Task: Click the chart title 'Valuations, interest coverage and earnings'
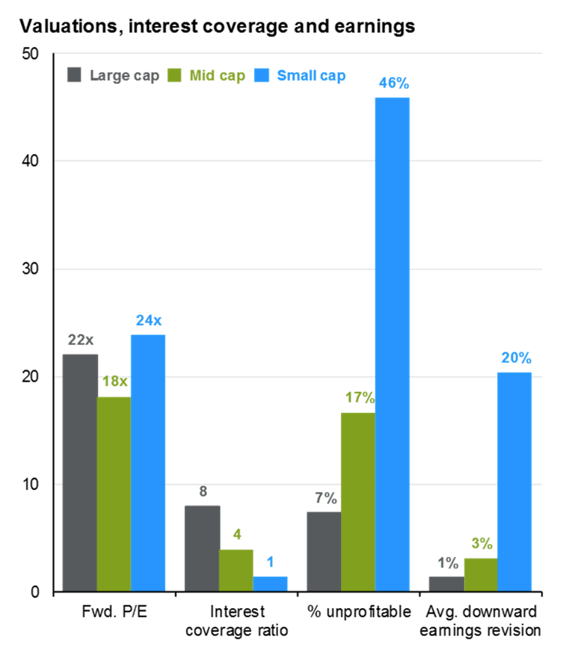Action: [x=217, y=28]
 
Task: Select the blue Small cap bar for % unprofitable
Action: [x=393, y=344]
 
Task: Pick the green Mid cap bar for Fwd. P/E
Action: [x=114, y=494]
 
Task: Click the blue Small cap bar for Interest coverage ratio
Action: [x=270, y=584]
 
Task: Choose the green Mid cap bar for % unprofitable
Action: [x=358, y=502]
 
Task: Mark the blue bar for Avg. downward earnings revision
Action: [x=514, y=482]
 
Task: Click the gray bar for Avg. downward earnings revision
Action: [x=446, y=584]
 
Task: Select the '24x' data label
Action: [x=149, y=321]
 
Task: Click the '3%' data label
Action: [x=481, y=544]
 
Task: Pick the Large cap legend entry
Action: [x=124, y=76]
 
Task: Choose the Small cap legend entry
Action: [x=311, y=76]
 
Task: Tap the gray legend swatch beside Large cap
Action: [x=74, y=76]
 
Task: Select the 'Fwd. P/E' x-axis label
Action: [x=114, y=612]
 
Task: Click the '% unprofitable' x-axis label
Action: [x=359, y=612]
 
